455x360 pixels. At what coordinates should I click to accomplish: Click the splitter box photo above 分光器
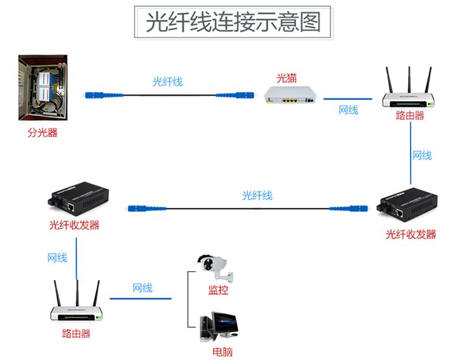click(x=43, y=88)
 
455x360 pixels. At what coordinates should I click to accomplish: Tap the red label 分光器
click(x=43, y=133)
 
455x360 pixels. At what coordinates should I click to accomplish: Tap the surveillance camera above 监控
click(x=215, y=267)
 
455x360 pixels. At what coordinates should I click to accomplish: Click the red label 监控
click(x=218, y=290)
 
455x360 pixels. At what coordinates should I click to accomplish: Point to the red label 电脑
click(x=223, y=352)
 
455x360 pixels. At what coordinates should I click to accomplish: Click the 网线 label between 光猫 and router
click(x=348, y=110)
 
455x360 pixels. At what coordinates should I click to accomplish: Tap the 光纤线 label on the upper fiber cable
click(x=168, y=82)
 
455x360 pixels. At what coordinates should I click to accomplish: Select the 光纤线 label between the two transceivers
click(x=257, y=195)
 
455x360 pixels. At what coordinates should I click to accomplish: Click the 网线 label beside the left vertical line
click(x=57, y=258)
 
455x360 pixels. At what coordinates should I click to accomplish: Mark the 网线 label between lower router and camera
click(x=143, y=288)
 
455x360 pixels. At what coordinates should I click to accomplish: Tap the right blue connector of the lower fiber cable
click(x=350, y=208)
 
